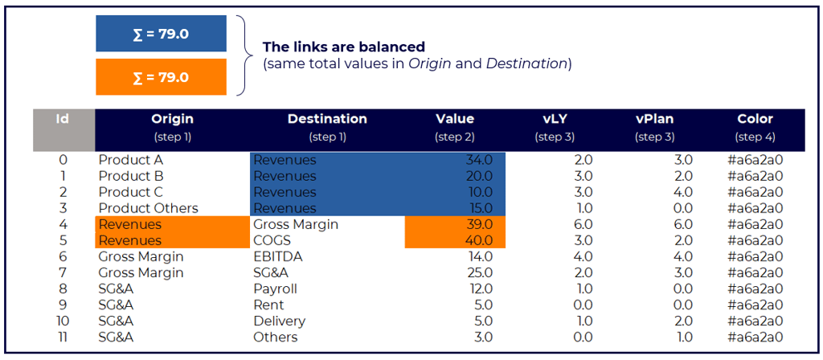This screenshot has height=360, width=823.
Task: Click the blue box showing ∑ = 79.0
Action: coord(161,34)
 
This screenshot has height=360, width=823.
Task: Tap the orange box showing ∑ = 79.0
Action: coord(161,76)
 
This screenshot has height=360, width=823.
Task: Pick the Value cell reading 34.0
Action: coord(480,160)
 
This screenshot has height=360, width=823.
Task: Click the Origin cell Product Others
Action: coord(149,208)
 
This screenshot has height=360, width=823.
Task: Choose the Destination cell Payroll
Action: coord(275,289)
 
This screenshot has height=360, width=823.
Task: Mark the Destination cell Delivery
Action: coord(279,321)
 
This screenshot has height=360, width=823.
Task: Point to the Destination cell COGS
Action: coord(272,241)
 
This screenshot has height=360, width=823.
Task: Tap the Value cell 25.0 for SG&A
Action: coord(480,273)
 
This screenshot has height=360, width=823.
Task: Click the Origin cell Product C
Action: coord(131,192)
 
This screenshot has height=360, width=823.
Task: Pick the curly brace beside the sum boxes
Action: coord(245,55)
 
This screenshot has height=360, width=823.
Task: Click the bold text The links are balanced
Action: coord(344,47)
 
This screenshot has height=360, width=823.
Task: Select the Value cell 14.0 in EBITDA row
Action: coord(480,257)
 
